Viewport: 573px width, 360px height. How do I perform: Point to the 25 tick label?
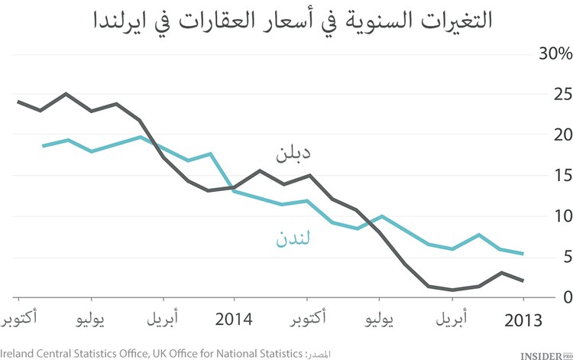pyautogui.click(x=562, y=95)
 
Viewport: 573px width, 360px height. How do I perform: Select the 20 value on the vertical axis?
pyautogui.click(x=562, y=135)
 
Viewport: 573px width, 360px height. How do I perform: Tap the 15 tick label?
pyautogui.click(x=562, y=176)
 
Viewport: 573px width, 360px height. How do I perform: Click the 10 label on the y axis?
pyautogui.click(x=562, y=216)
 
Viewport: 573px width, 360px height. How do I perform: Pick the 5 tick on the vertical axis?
pyautogui.click(x=565, y=257)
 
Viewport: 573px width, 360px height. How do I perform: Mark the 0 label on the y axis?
pyautogui.click(x=565, y=297)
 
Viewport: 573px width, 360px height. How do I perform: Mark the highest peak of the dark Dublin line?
pyautogui.click(x=66, y=94)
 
